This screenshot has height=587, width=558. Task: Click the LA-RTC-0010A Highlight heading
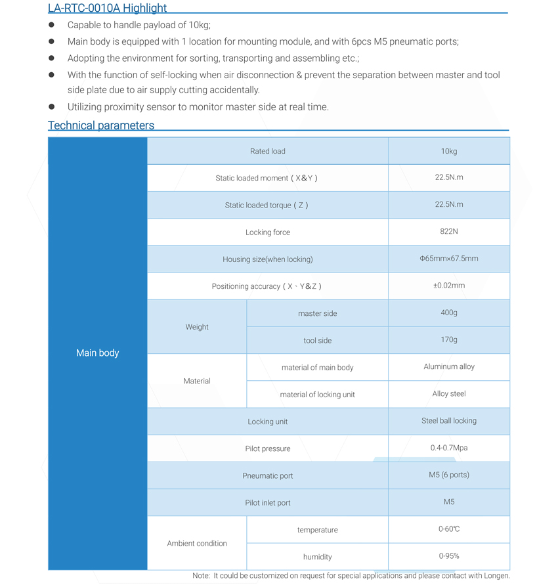tap(107, 8)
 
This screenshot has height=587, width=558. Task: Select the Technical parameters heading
tap(101, 125)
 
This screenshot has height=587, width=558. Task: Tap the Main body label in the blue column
tap(97, 353)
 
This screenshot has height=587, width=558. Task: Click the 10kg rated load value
tap(449, 151)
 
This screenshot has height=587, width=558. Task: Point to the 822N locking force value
tap(449, 231)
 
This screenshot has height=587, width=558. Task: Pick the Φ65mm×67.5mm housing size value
tap(449, 258)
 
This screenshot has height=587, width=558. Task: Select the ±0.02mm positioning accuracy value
tap(449, 285)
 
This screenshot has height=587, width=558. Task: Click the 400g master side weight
tap(449, 313)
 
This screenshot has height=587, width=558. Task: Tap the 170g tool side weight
tap(449, 339)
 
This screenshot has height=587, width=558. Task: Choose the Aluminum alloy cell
tap(449, 366)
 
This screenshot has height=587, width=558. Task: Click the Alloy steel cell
tap(449, 393)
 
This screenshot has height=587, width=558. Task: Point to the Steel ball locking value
tap(449, 420)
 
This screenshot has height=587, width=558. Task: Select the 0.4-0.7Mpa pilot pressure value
tap(449, 448)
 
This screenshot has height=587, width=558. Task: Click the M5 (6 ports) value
tap(449, 475)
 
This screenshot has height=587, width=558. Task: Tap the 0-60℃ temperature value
tap(449, 529)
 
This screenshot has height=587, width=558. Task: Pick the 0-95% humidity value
tap(449, 555)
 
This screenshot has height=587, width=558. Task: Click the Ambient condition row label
tap(197, 543)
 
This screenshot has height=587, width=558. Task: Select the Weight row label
tap(197, 326)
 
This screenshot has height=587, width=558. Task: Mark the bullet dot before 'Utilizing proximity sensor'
tap(52, 106)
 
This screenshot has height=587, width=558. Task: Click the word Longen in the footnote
tap(496, 576)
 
